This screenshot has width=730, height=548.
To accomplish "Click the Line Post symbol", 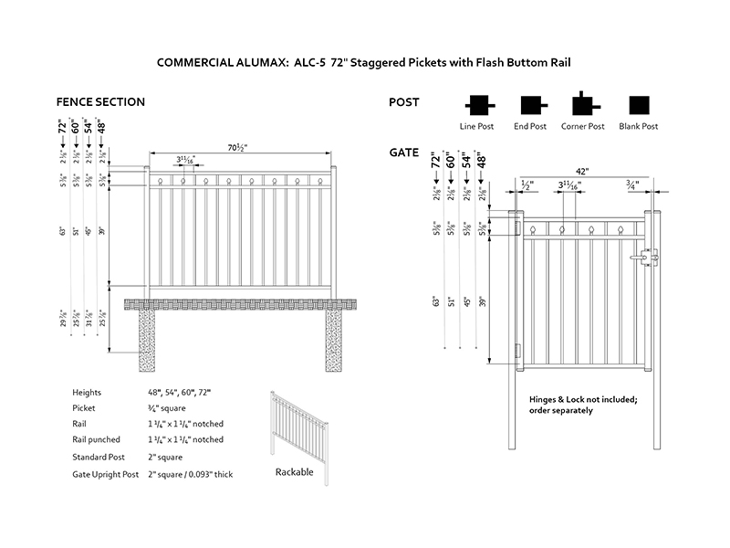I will [477, 103].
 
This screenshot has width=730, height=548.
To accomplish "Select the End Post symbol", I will [531, 103].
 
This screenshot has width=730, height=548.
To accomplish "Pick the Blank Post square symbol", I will [638, 103].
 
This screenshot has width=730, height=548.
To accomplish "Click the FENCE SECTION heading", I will [100, 101].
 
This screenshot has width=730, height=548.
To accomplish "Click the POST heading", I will [404, 101].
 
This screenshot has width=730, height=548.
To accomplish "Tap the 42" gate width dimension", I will [581, 171].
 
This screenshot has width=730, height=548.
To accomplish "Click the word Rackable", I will [294, 472].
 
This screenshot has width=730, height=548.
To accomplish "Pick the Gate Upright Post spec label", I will [105, 474].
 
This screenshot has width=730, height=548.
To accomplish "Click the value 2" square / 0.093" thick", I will [190, 474].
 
